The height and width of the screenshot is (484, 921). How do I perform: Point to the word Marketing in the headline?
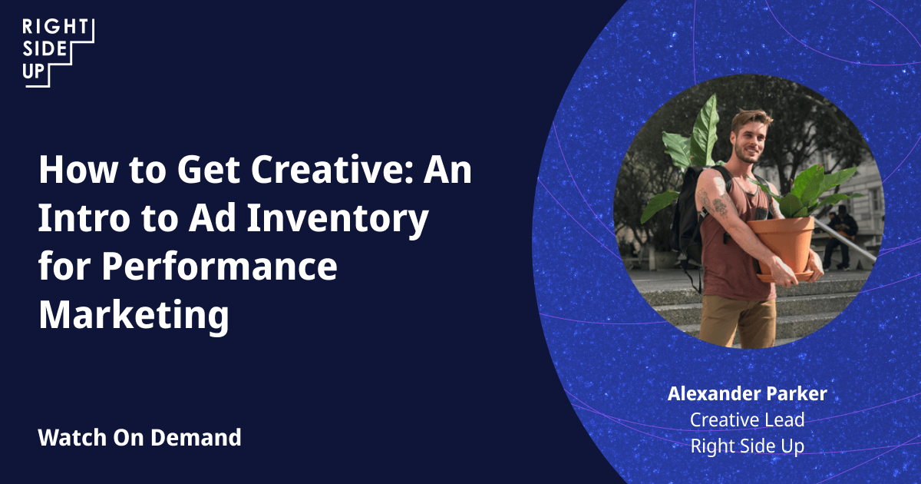tap(134, 315)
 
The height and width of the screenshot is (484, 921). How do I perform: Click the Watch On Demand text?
tap(140, 438)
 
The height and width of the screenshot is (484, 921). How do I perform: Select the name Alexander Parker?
tap(747, 394)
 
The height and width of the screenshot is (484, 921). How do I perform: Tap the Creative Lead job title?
tap(747, 420)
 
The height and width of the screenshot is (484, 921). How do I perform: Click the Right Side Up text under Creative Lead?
tap(747, 446)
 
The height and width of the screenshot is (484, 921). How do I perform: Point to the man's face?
tap(750, 137)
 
